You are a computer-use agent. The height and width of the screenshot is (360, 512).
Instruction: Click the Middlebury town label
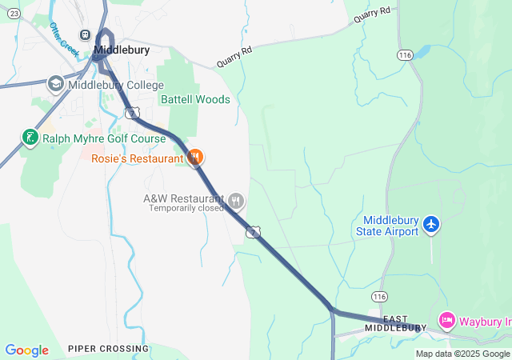click(x=122, y=50)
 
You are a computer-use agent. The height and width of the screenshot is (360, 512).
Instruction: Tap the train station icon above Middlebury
click(x=85, y=34)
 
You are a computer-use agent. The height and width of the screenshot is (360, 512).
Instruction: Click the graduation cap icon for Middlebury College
click(x=56, y=83)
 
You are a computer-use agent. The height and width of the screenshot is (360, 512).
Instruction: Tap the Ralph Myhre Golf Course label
click(x=104, y=138)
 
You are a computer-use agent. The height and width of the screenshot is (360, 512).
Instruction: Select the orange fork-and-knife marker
click(x=194, y=158)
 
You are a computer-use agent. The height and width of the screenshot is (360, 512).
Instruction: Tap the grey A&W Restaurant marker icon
click(x=235, y=199)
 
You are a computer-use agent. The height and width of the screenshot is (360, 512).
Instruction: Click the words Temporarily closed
click(x=186, y=208)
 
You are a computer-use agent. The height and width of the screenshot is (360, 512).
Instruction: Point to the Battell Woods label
click(x=195, y=100)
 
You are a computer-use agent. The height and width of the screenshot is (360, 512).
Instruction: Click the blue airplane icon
click(x=432, y=224)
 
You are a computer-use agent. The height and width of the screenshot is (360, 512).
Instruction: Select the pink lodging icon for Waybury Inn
click(x=447, y=322)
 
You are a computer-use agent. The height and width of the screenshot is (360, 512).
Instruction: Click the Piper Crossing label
click(x=108, y=349)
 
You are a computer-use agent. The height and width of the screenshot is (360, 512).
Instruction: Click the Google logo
click(x=26, y=350)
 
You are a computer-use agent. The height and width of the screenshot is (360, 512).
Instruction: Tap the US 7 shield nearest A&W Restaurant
click(x=253, y=231)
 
